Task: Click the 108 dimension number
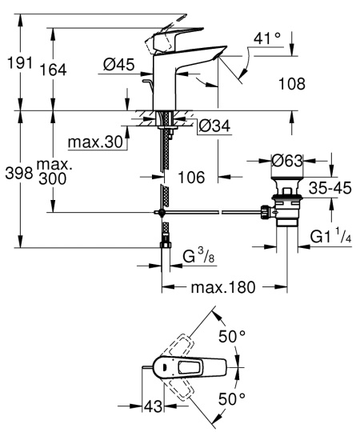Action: click(298, 82)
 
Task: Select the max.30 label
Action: click(94, 143)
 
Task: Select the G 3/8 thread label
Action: click(197, 257)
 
